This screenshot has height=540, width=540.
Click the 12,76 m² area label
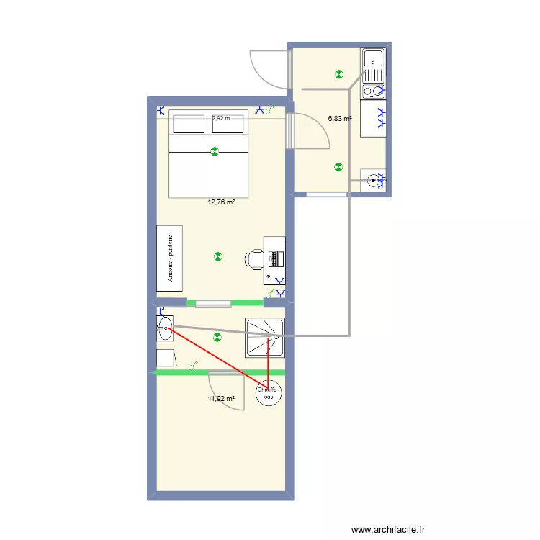tap(221, 202)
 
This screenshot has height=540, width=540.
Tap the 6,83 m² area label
tap(340, 119)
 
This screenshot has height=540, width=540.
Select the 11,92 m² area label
tap(221, 398)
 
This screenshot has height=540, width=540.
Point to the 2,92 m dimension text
tap(221, 119)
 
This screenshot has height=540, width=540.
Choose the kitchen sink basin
tap(373, 58)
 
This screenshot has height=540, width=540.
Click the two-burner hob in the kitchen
tap(373, 91)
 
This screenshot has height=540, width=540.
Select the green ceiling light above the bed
tap(214, 151)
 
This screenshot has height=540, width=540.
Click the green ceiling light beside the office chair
tap(218, 256)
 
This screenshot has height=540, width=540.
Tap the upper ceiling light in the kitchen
tap(338, 73)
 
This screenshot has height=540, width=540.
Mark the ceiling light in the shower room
tap(217, 336)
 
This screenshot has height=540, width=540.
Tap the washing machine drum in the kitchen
tap(374, 181)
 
